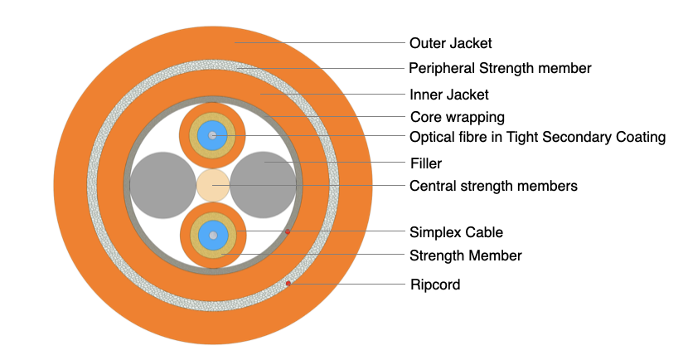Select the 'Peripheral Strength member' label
(500, 68)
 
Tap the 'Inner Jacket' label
(448, 94)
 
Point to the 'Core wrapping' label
(458, 116)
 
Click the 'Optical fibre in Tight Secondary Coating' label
(537, 137)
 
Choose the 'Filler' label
(425, 163)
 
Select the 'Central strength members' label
(493, 186)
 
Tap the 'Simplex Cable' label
(456, 231)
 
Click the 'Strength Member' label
(466, 255)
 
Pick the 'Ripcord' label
(434, 285)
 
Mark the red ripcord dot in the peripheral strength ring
(288, 285)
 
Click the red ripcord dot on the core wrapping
(287, 232)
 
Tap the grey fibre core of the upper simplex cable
(213, 134)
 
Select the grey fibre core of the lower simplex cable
(213, 236)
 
